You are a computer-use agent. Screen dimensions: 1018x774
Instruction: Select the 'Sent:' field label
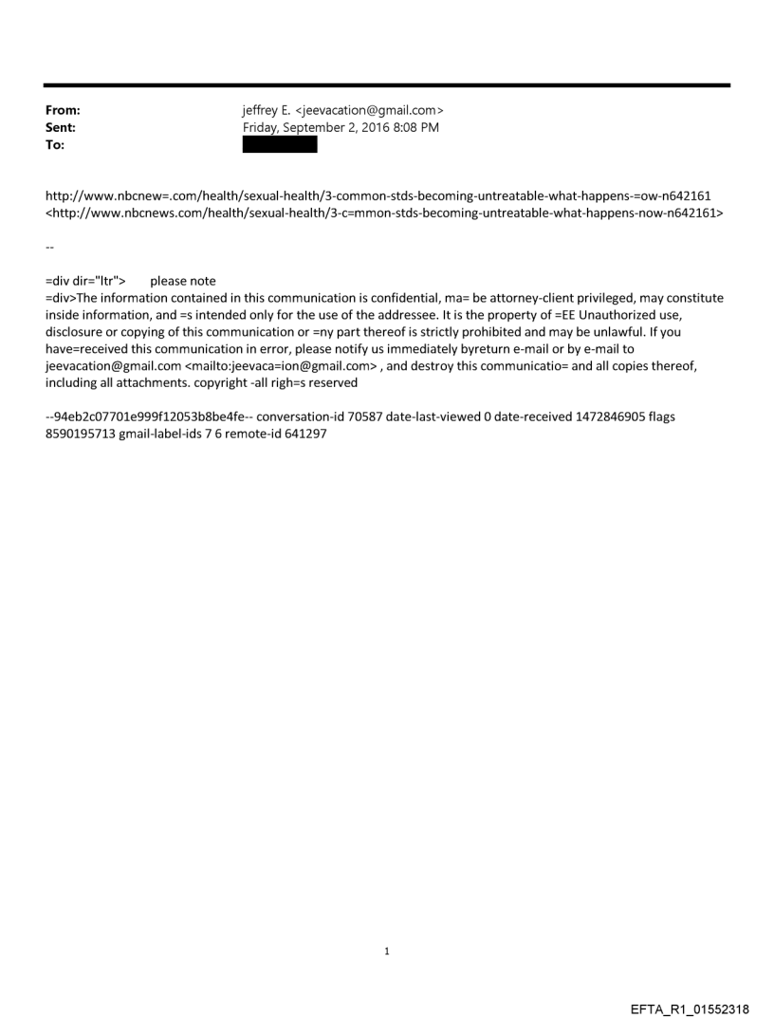click(60, 127)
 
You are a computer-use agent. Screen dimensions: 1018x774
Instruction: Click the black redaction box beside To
click(280, 144)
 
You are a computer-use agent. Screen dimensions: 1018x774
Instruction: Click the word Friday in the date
click(262, 127)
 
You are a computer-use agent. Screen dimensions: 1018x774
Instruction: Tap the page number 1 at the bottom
click(387, 951)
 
